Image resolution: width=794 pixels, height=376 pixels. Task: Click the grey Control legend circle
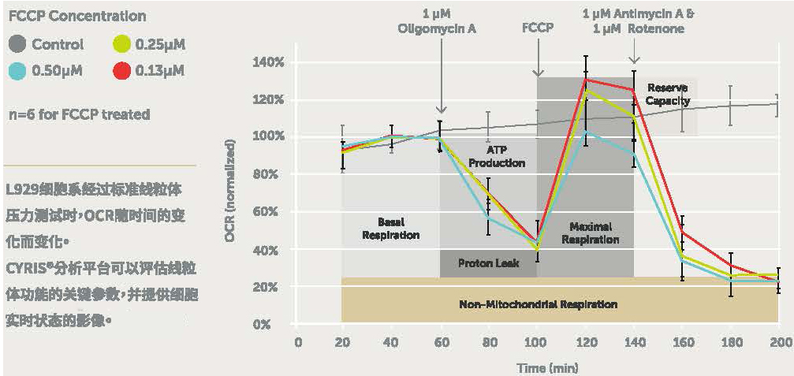19,45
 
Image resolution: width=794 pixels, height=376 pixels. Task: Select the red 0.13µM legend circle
120,71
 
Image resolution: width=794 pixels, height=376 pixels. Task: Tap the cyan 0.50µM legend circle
19,71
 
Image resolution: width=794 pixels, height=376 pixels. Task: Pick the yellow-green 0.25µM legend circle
120,45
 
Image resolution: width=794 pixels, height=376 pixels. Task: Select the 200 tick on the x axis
779,341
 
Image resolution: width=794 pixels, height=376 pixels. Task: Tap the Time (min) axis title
546,367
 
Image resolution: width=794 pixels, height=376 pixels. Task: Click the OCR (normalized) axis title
229,192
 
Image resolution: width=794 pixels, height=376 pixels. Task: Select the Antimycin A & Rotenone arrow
634,51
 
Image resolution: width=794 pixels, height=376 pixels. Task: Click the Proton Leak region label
488,263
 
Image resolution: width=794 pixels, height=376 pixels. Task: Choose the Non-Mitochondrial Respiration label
538,303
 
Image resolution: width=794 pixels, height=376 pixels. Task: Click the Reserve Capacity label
668,94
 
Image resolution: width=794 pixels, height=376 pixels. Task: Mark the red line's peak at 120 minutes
586,78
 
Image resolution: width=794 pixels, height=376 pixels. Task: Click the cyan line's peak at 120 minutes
586,132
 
